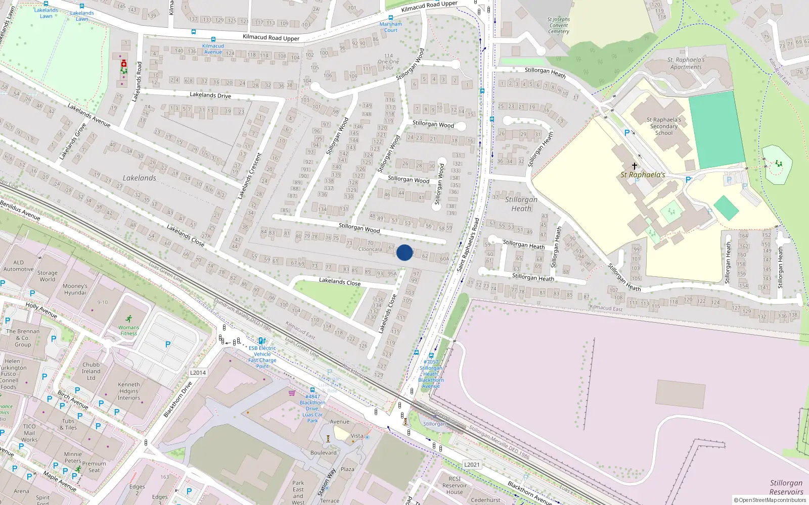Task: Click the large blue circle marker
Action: [404, 252]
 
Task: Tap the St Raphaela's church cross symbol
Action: [635, 166]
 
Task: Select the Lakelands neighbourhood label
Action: [140, 178]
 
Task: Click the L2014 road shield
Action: [198, 373]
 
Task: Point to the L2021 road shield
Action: [472, 465]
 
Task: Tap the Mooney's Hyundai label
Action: [75, 289]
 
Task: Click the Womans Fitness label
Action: [128, 330]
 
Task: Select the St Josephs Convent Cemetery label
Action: [558, 25]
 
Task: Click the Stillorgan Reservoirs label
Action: [786, 487]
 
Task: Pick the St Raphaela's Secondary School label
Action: [664, 126]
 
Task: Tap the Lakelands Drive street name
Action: [210, 95]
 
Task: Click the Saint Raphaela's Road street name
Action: [468, 244]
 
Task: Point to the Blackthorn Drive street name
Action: [177, 399]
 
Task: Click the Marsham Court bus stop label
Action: [391, 27]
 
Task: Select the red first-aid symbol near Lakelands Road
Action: [124, 64]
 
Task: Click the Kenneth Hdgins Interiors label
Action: [129, 391]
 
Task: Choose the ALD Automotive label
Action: [18, 266]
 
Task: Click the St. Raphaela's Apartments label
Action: [686, 63]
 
